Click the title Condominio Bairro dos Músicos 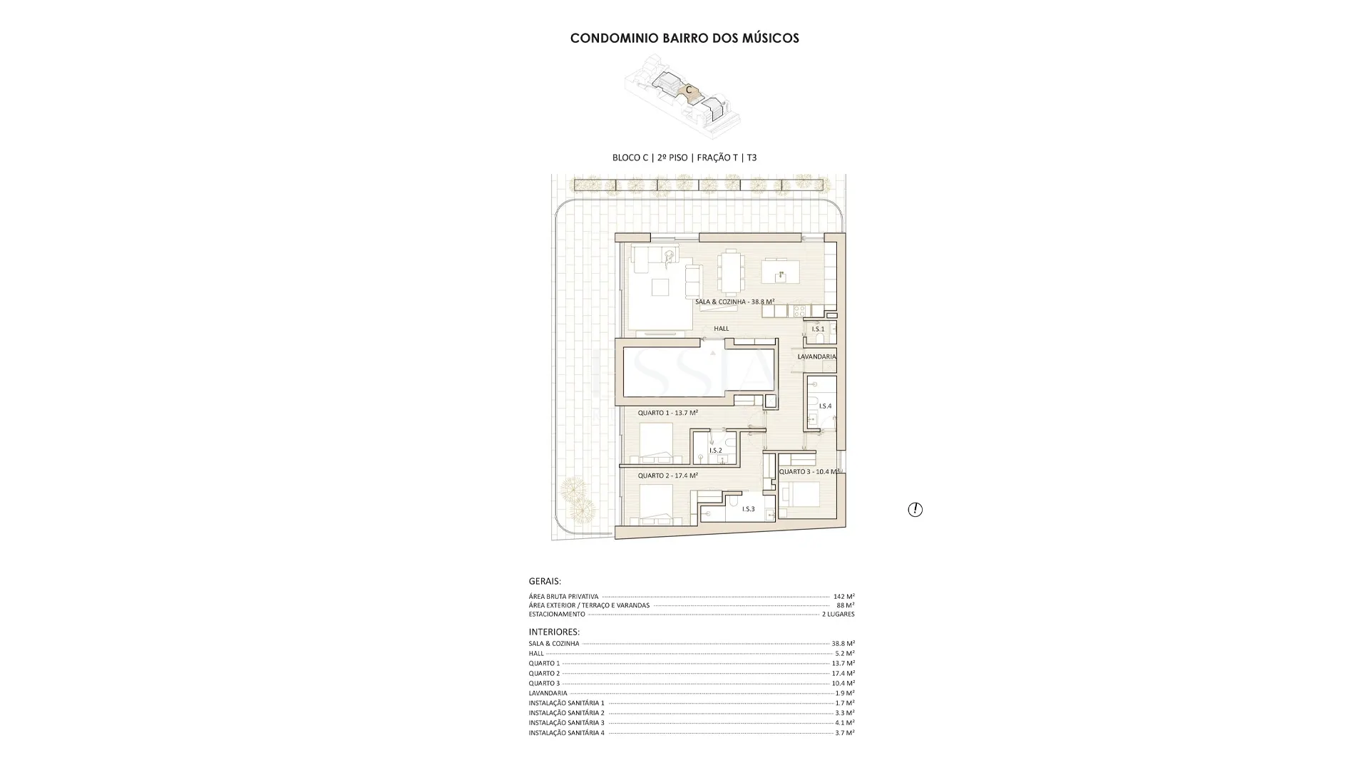684,38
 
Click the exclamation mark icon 915,509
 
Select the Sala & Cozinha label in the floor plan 734,302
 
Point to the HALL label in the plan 722,329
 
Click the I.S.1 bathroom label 818,329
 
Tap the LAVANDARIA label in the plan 816,356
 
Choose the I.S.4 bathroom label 825,406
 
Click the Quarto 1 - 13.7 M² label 667,413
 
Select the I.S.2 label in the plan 715,451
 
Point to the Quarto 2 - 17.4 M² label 667,476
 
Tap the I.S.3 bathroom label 748,509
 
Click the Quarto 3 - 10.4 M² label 809,471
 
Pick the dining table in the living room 730,272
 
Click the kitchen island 780,272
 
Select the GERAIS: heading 545,581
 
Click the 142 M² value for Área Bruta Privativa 844,596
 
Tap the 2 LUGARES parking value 838,614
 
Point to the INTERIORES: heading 554,632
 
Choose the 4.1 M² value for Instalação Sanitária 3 845,722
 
